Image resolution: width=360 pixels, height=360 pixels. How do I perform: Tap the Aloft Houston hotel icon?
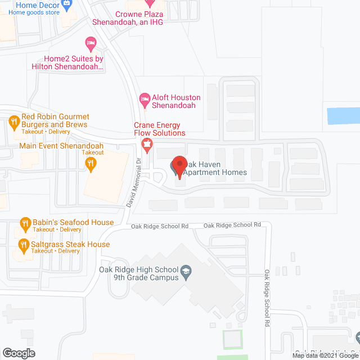[x=145, y=98]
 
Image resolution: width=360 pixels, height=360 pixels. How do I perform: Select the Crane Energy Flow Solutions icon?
[x=147, y=144]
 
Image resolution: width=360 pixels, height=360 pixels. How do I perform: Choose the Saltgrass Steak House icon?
[x=24, y=245]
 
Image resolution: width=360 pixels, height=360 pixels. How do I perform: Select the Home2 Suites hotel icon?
[x=90, y=43]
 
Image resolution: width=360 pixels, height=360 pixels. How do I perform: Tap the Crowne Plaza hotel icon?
[x=149, y=3]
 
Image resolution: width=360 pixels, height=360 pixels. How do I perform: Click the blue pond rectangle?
[x=344, y=116]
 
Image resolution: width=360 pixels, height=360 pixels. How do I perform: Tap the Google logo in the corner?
[x=18, y=353]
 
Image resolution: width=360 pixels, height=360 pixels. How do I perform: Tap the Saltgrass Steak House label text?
[x=70, y=245]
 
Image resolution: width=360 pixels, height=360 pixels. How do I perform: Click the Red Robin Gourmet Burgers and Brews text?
[x=55, y=120]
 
